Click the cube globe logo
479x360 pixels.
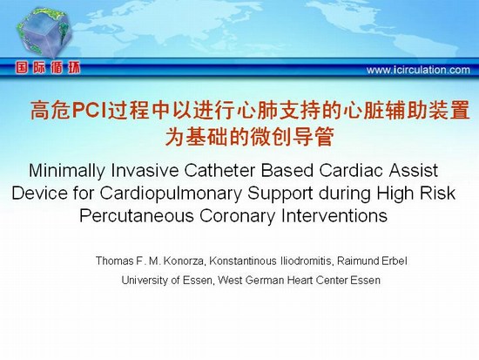pyautogui.click(x=44, y=31)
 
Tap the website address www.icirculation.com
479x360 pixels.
pyautogui.click(x=418, y=70)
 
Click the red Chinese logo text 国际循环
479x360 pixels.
pyautogui.click(x=48, y=68)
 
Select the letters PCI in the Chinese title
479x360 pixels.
pyautogui.click(x=89, y=110)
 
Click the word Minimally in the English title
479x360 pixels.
pyautogui.click(x=67, y=171)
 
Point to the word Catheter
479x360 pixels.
pyautogui.click(x=220, y=170)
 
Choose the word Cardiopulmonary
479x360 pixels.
pyautogui.click(x=171, y=194)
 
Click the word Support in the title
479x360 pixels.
pyautogui.click(x=280, y=194)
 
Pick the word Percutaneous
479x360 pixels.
pyautogui.click(x=137, y=216)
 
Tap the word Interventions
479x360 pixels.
pyautogui.click(x=334, y=215)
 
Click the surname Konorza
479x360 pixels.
pyautogui.click(x=183, y=262)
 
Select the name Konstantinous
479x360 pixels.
pyautogui.click(x=243, y=261)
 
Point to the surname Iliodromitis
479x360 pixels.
pyautogui.click(x=307, y=261)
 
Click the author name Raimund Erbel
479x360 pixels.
pyautogui.click(x=372, y=261)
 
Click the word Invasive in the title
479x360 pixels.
pyautogui.click(x=145, y=170)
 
